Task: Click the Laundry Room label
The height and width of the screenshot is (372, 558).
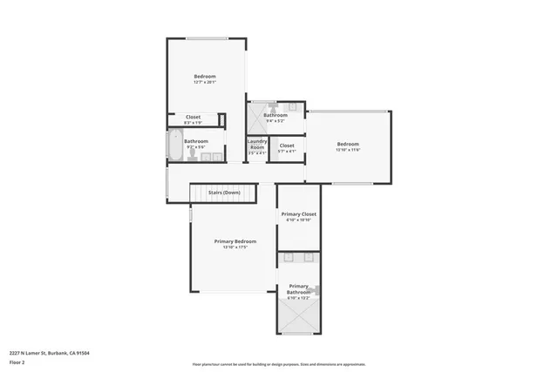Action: [257, 144]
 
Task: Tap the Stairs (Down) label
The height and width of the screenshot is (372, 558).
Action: [224, 192]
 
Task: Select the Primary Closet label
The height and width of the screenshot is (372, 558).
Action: [298, 213]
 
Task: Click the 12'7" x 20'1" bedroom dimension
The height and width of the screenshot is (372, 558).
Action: [205, 83]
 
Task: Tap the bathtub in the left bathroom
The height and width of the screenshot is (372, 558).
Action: [173, 148]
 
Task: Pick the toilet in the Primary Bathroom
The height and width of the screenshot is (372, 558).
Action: [316, 291]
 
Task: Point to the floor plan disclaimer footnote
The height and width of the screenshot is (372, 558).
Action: [278, 365]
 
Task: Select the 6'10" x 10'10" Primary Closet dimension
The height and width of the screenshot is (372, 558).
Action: [298, 220]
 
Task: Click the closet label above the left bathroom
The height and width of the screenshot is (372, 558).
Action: [193, 117]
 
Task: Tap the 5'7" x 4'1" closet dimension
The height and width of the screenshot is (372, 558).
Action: [287, 152]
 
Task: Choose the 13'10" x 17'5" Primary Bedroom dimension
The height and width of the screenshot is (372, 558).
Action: [235, 247]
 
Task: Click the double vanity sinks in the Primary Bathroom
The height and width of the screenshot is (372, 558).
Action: [298, 260]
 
